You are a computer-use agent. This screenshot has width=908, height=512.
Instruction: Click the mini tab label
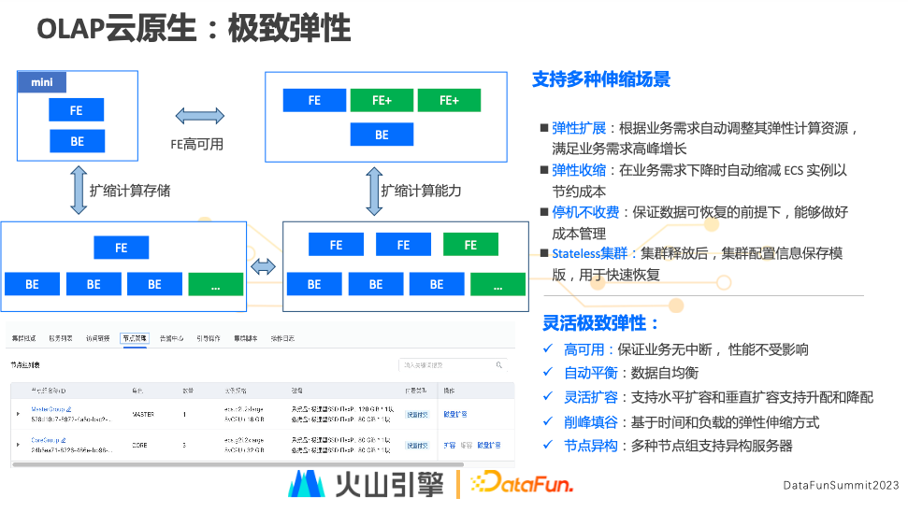point(41,83)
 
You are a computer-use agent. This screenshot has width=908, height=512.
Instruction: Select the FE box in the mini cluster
point(77,110)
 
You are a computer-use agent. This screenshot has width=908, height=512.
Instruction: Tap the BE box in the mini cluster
point(77,141)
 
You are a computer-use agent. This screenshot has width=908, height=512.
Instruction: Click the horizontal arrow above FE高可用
point(199,116)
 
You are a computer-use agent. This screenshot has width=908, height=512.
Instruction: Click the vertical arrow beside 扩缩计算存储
point(77,191)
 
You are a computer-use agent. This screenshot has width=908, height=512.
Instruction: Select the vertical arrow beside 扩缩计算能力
point(373,191)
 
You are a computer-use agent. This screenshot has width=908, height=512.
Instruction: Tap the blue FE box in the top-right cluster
point(314,100)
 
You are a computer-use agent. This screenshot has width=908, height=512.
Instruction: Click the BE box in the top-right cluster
point(382,135)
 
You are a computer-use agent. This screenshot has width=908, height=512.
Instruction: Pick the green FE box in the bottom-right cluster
point(470,245)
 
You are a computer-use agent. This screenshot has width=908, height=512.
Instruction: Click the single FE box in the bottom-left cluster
point(121,248)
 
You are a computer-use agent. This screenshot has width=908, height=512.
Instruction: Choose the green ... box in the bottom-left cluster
point(215,284)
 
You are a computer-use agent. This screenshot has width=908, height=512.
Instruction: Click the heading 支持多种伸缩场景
point(600,79)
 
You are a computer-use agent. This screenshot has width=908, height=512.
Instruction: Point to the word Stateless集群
point(589,253)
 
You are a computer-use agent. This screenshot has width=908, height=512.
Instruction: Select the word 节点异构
point(591,446)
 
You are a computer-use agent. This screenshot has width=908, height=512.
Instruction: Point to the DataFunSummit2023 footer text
point(840,485)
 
